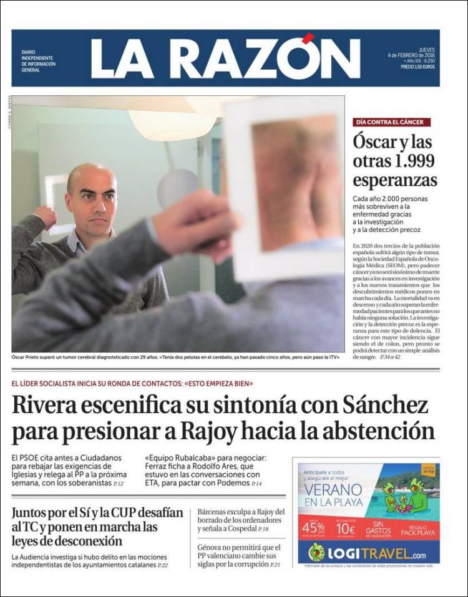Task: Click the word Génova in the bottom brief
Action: [212, 548]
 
